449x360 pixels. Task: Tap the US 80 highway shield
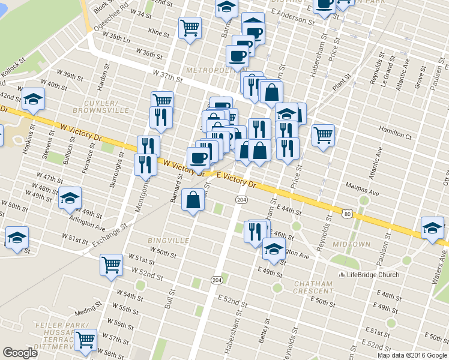348,213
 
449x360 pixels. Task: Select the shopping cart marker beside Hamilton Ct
324,136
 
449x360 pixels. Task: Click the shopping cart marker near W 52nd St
112,265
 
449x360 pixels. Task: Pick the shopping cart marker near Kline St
190,28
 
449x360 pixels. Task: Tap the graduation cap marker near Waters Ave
432,228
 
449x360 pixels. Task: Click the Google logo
20,353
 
